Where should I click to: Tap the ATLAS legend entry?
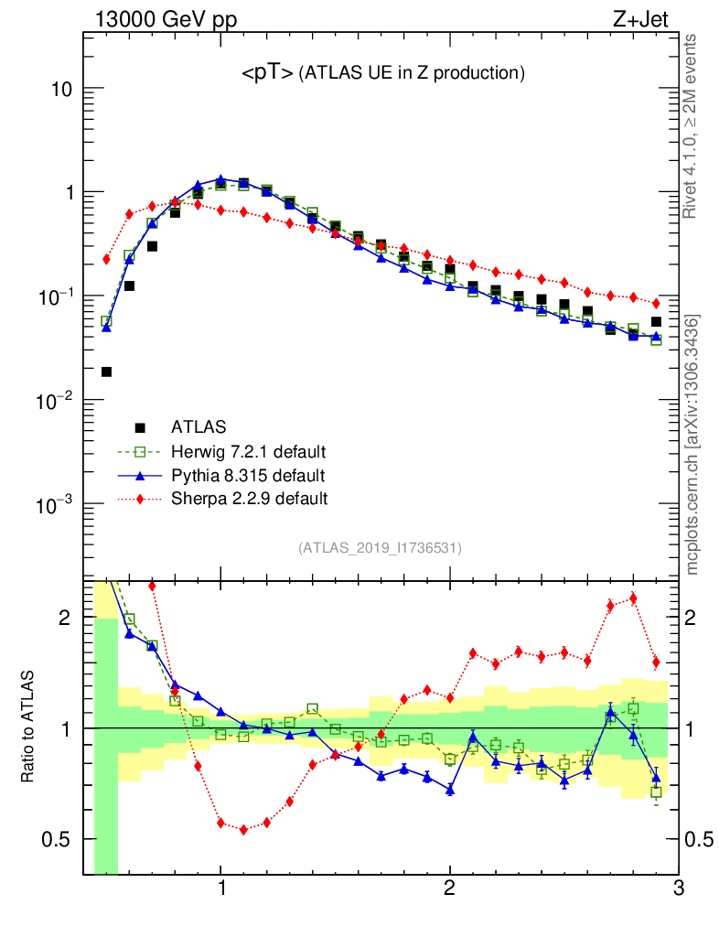point(199,426)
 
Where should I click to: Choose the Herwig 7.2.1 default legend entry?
point(248,451)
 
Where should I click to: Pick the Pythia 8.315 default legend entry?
point(248,475)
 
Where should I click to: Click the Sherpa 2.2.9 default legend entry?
point(249,499)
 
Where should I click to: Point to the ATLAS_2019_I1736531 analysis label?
point(380,548)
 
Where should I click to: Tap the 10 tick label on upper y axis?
point(60,90)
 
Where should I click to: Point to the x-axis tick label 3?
point(677,889)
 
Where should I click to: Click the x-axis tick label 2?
point(449,889)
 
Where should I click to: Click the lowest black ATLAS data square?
point(106,372)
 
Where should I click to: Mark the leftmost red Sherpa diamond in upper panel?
point(106,259)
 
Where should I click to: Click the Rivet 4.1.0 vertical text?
point(692,126)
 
